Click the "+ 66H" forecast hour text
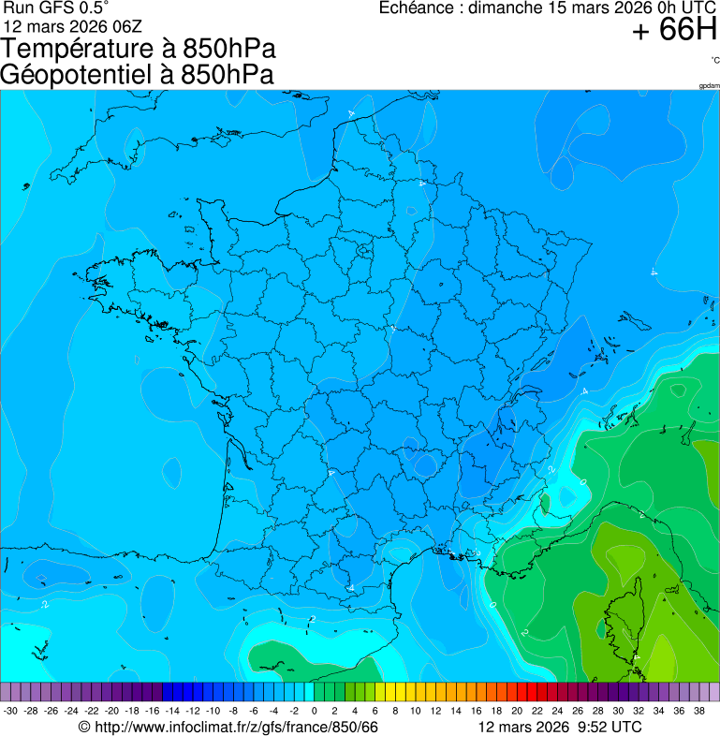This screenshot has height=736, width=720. (x=675, y=31)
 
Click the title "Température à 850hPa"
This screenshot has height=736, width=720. (x=139, y=49)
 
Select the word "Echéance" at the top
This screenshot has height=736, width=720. (x=418, y=8)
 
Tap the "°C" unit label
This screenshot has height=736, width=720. (x=714, y=61)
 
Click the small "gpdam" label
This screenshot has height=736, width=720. (x=709, y=86)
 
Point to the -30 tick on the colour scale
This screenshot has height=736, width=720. (x=11, y=712)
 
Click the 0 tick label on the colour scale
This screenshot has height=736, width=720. (x=314, y=712)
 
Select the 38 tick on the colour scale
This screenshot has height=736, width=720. (x=698, y=712)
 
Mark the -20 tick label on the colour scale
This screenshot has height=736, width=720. (x=111, y=712)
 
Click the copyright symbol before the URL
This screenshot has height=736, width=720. (x=84, y=728)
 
